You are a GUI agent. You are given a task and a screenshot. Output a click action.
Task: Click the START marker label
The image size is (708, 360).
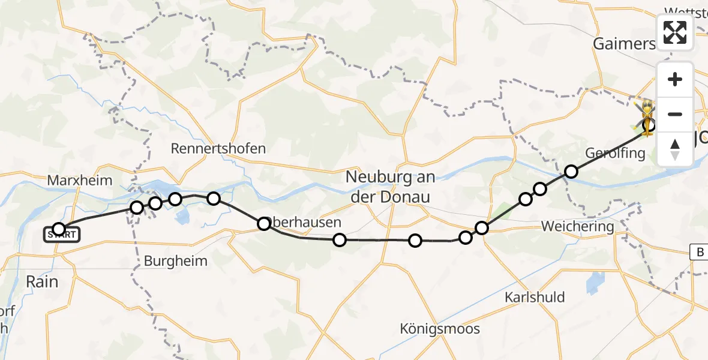[61, 235]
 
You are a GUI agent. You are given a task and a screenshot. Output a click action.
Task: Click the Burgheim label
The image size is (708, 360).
[175, 261]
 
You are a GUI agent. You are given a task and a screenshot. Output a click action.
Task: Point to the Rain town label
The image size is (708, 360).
[41, 281]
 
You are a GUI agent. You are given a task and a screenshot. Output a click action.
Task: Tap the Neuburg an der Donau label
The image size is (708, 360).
[391, 187]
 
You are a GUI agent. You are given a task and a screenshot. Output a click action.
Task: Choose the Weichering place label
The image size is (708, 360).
[577, 227]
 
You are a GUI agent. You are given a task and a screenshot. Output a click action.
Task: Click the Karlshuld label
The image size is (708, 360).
[535, 298]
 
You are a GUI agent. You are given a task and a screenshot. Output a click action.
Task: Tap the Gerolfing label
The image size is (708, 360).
[616, 153]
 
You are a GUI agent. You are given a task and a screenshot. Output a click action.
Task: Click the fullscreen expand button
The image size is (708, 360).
[675, 32]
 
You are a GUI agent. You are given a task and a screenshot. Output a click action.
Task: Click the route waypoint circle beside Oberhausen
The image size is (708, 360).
[264, 224]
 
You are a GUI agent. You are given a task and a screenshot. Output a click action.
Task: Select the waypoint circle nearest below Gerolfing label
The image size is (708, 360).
[571, 172]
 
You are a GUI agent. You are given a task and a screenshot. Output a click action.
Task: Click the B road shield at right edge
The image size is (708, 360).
[700, 253]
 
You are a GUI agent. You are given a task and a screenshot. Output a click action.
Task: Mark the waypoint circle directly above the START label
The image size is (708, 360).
[59, 228]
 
